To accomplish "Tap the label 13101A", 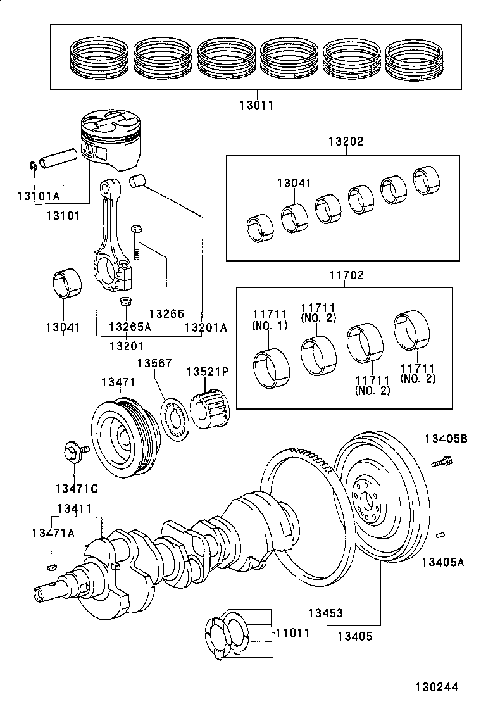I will click(38, 196).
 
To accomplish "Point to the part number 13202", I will click(346, 142).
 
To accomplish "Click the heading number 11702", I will click(346, 276).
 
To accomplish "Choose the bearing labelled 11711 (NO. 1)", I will click(270, 367).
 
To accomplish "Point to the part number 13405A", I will click(444, 561).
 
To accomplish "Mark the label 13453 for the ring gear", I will click(325, 613).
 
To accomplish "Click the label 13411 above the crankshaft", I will click(75, 508).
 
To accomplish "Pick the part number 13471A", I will click(53, 533).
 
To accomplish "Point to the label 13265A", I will click(130, 327).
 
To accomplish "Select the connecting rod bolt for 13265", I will click(135, 243).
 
